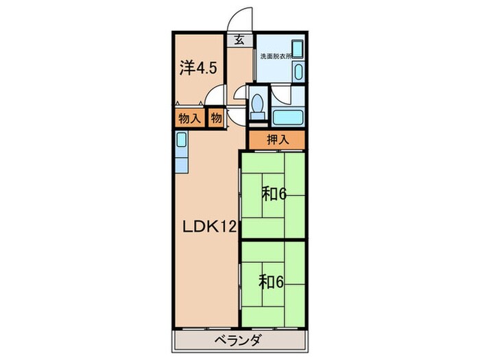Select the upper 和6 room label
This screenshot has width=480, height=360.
click(272, 194)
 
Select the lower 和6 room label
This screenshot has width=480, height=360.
click(272, 280)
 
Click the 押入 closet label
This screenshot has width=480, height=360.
click(274, 140)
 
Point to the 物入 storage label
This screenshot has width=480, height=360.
click(189, 118)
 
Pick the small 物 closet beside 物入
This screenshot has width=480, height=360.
click(215, 118)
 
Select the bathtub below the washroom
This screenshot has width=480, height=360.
click(287, 115)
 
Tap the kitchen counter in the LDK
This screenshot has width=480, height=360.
click(180, 154)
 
